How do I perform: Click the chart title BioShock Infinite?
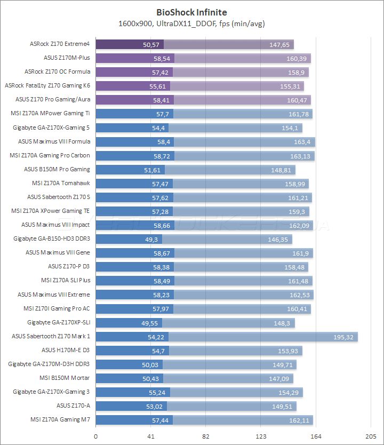click(191, 11)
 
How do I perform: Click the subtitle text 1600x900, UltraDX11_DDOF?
click(191, 23)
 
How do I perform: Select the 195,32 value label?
click(345, 337)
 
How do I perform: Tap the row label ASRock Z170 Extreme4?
click(60, 44)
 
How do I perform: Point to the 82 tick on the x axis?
click(206, 436)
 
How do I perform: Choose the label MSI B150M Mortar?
click(65, 378)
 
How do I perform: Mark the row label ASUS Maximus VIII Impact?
click(55, 225)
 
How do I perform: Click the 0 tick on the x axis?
click(96, 436)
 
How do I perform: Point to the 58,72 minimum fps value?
click(161, 156)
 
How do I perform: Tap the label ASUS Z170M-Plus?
click(67, 58)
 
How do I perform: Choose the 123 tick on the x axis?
click(261, 436)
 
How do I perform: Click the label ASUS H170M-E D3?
click(66, 351)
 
